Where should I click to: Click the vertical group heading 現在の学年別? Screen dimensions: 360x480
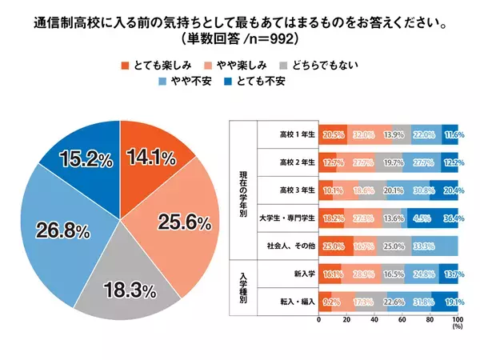click(x=242, y=190)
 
